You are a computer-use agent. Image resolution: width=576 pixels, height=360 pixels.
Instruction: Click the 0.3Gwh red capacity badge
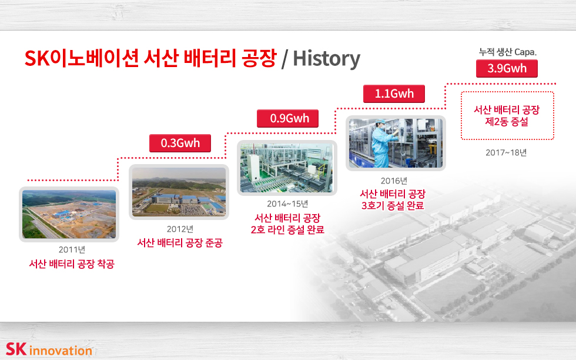pyautogui.click(x=180, y=143)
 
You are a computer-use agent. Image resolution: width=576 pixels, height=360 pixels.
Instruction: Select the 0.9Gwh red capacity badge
pyautogui.click(x=287, y=118)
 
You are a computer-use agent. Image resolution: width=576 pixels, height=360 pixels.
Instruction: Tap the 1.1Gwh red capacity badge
pyautogui.click(x=394, y=94)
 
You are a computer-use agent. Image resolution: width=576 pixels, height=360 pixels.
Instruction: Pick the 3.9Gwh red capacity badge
pyautogui.click(x=507, y=68)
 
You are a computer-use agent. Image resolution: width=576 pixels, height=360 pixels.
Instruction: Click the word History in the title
pyautogui.click(x=327, y=58)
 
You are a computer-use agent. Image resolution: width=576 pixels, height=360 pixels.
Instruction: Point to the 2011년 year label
pyautogui.click(x=72, y=249)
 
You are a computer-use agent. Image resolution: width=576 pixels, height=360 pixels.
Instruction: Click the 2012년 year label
pyautogui.click(x=180, y=229)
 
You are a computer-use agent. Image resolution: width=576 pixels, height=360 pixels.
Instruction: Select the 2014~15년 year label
pyautogui.click(x=287, y=204)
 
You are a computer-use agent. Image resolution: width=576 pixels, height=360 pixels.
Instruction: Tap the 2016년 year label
pyautogui.click(x=394, y=181)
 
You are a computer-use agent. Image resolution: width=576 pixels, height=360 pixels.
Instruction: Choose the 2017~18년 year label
pyautogui.click(x=506, y=152)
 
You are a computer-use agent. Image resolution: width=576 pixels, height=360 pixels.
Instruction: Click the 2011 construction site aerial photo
pyautogui.click(x=69, y=214)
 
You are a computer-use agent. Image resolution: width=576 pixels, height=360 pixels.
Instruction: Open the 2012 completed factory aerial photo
pyautogui.click(x=179, y=192)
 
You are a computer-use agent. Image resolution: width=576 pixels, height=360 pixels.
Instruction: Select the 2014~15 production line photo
pyautogui.click(x=287, y=168)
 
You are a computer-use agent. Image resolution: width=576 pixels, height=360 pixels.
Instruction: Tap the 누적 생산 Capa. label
pyautogui.click(x=508, y=52)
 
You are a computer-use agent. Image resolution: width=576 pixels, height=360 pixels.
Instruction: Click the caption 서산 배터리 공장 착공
pyautogui.click(x=72, y=264)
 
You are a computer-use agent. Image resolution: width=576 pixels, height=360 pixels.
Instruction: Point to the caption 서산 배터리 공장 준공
pyautogui.click(x=180, y=243)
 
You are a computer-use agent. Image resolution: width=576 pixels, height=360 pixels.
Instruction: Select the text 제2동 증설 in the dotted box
pyautogui.click(x=507, y=122)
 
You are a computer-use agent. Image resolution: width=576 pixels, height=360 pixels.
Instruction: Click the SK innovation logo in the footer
pyautogui.click(x=49, y=349)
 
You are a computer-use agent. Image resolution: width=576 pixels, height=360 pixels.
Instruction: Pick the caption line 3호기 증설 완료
pyautogui.click(x=393, y=205)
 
